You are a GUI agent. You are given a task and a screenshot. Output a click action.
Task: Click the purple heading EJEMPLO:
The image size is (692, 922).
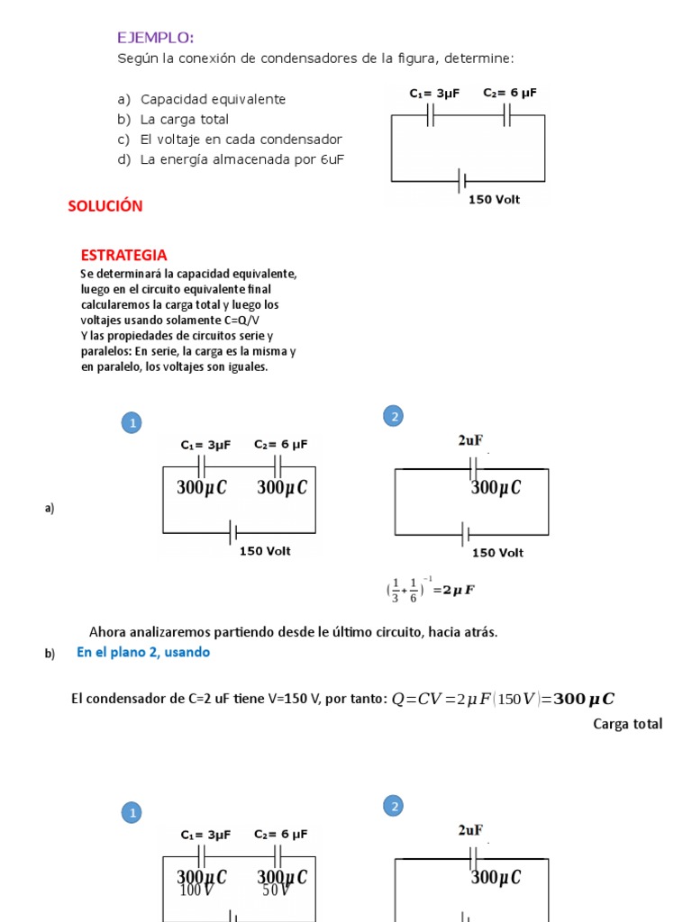coord(155,37)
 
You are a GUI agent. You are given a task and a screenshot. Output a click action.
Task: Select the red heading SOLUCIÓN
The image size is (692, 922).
coord(105,206)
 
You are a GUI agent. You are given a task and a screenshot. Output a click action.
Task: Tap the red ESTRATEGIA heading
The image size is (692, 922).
coord(123,256)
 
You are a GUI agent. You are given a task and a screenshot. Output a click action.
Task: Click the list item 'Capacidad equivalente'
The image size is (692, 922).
coord(213,99)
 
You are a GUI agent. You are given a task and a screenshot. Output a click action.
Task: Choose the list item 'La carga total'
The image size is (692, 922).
coord(184,119)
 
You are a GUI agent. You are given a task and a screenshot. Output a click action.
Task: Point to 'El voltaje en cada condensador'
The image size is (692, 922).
coord(241,140)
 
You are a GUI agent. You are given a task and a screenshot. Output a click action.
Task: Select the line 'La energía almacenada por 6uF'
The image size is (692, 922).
coord(241,159)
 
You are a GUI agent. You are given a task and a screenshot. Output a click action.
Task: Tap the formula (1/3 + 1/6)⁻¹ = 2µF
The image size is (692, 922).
coord(430,590)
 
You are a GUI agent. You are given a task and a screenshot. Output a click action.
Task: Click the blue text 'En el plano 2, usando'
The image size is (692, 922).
coord(142,652)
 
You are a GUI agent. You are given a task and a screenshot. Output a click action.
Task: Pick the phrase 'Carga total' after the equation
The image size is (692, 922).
coord(627,724)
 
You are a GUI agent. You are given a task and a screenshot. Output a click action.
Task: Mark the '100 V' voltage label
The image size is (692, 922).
coord(196,890)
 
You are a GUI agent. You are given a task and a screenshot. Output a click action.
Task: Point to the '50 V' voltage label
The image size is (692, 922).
coord(276,890)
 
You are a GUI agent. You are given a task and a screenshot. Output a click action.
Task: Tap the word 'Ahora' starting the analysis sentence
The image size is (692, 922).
coord(108,632)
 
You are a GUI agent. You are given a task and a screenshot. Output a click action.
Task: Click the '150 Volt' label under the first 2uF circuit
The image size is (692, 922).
coord(497,553)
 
